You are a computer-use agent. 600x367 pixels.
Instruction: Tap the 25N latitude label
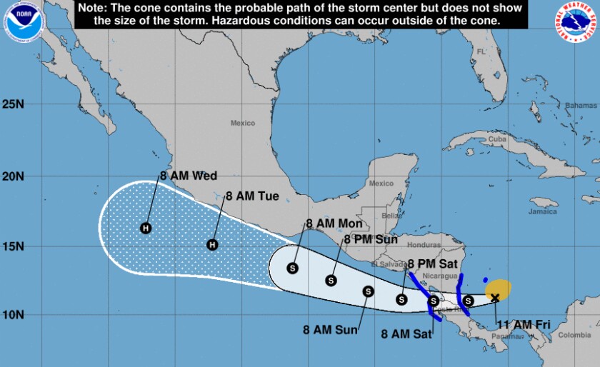[x=13, y=104]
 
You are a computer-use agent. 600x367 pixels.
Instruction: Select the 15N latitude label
[x=13, y=246]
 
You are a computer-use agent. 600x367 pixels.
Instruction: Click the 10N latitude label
[x=13, y=315]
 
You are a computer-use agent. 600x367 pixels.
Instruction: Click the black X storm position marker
[x=495, y=298]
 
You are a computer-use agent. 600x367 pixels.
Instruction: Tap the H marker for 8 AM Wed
[x=146, y=228]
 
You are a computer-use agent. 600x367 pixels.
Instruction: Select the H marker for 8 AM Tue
[x=211, y=245]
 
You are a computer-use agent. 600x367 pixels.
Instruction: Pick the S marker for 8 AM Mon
[x=292, y=268]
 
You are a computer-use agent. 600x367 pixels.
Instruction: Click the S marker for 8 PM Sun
[x=331, y=281]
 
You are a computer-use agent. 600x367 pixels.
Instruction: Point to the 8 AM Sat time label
[x=405, y=333]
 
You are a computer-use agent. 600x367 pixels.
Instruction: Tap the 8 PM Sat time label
[x=432, y=264]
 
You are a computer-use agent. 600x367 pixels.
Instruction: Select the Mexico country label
[x=243, y=123]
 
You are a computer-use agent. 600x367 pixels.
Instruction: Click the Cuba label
[x=497, y=139]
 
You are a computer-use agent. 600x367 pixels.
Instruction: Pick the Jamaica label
[x=543, y=211]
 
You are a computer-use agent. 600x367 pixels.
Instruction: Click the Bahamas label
[x=580, y=106]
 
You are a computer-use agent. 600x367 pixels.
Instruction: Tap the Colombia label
[x=574, y=335]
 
